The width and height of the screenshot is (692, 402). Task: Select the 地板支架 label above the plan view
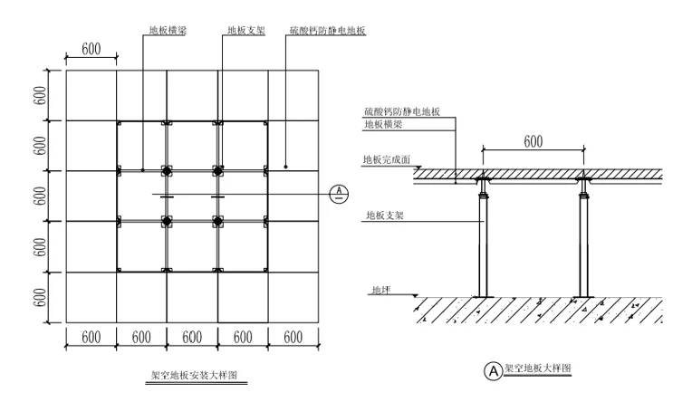coord(246,30)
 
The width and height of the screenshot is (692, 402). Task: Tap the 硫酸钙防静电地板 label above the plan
coord(328,30)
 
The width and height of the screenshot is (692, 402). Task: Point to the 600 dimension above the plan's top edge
coord(91,49)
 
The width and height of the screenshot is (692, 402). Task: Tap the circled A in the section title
coord(494,370)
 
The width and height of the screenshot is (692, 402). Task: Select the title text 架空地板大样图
coord(539,369)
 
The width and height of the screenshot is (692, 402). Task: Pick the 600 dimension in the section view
coord(533,142)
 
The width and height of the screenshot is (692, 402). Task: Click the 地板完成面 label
coord(387,159)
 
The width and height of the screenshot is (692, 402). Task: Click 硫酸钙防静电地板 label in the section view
coord(401,111)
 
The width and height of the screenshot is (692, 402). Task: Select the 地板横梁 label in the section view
coord(385,124)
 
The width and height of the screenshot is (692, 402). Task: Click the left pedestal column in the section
coord(482,244)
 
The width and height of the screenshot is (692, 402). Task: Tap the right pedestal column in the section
coord(584,244)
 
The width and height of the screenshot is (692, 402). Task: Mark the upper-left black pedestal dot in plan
coord(167,170)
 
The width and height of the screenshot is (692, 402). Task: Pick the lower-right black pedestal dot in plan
coord(217,221)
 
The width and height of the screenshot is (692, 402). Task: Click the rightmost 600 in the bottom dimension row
coord(293,337)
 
